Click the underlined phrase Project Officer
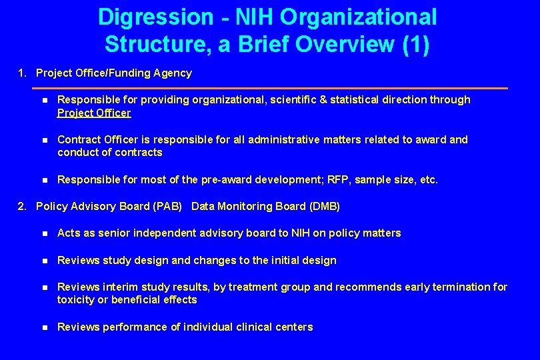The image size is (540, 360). pos(94,113)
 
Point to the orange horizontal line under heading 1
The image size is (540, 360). pos(269,88)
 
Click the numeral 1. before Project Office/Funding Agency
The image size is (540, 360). pos(23,73)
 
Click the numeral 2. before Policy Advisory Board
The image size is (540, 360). pos(23,207)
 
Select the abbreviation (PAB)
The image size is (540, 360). pos(167,207)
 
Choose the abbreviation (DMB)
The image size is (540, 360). pos(325,207)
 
